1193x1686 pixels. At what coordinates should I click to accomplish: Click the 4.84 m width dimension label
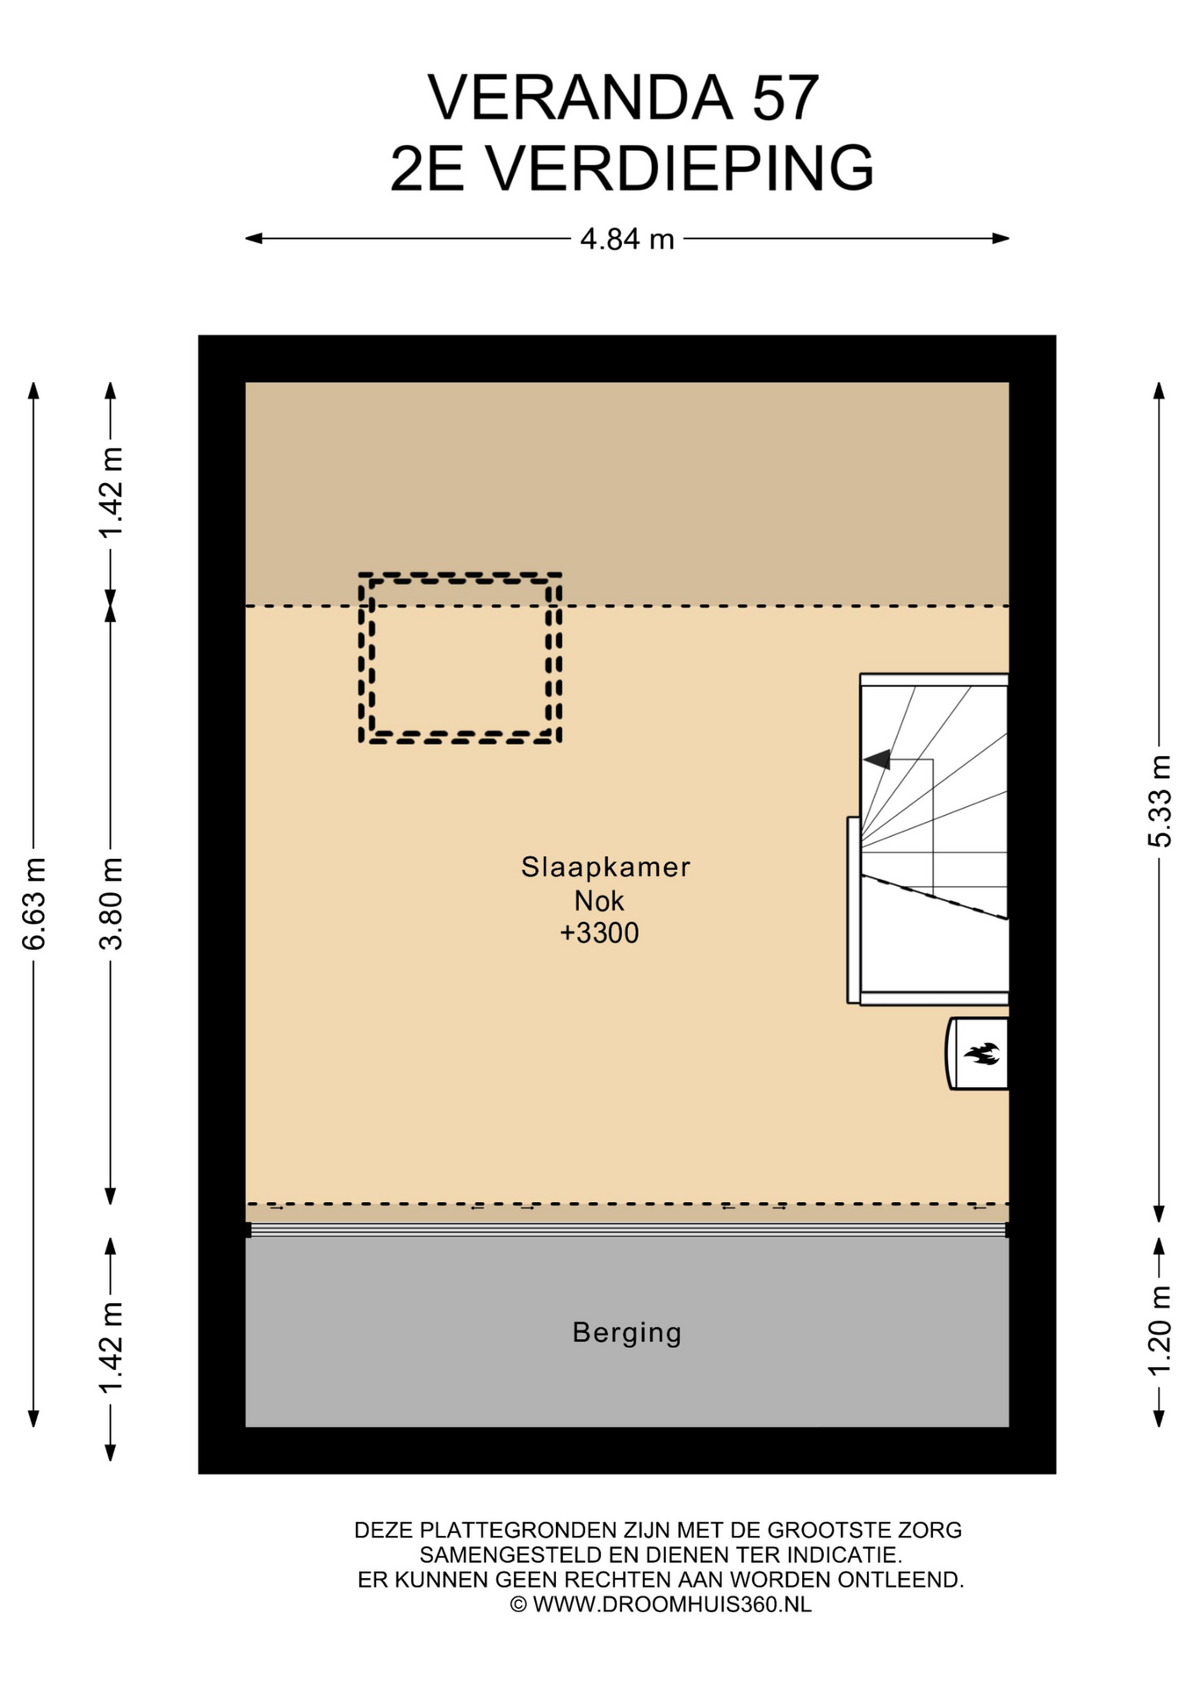tap(626, 239)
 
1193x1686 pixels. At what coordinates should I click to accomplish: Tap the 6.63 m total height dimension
tap(34, 904)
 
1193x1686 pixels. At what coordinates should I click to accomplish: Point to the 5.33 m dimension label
tap(1160, 801)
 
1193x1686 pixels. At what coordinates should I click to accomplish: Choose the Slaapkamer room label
tap(605, 867)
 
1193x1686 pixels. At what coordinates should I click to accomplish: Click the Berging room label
tap(626, 1333)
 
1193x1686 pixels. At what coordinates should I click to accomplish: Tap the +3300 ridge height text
tap(599, 933)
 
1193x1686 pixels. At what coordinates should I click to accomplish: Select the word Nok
tap(599, 900)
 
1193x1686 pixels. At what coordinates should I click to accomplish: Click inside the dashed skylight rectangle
tap(460, 659)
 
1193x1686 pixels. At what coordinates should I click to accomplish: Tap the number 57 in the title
tap(784, 97)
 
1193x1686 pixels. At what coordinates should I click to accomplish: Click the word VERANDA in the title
tap(580, 97)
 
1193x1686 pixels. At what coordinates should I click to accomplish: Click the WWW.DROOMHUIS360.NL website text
tap(671, 1604)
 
